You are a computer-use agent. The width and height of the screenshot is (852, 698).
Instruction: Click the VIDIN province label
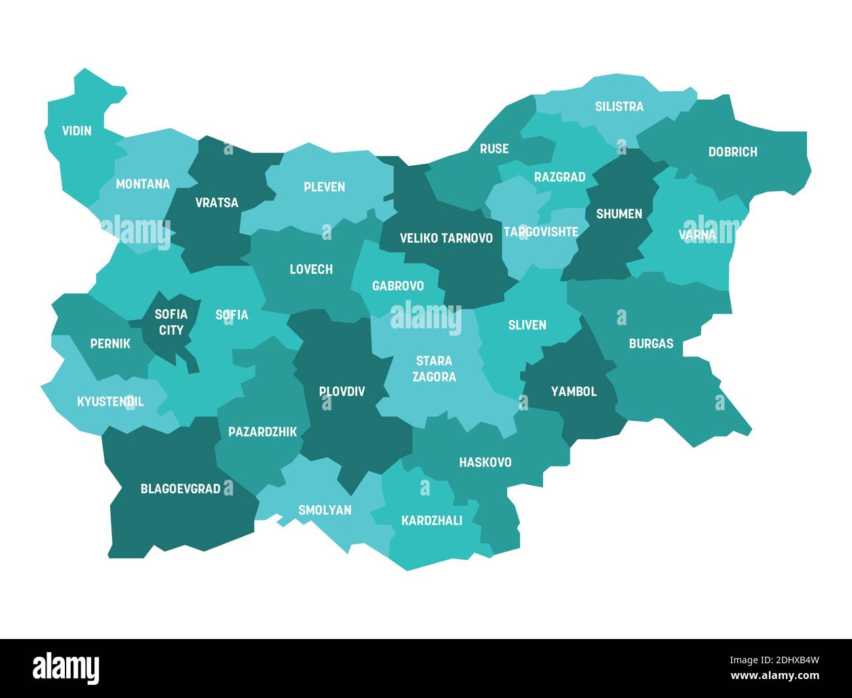tap(77, 130)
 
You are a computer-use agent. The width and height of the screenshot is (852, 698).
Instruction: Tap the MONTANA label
tap(142, 184)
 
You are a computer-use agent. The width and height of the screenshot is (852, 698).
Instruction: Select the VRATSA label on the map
tap(216, 203)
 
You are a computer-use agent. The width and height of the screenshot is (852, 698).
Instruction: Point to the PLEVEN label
tap(324, 187)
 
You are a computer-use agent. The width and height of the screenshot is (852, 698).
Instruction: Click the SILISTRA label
tap(619, 106)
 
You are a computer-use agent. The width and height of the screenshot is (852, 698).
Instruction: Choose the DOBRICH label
tap(732, 152)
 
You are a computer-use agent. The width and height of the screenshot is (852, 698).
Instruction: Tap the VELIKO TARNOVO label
tap(446, 238)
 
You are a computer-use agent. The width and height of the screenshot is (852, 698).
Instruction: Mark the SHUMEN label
tap(619, 214)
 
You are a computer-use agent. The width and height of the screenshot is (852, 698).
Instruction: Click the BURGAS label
tap(650, 343)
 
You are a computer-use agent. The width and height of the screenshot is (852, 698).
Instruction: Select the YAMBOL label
tap(573, 391)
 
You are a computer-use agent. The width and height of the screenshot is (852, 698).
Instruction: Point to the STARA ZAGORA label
tap(434, 369)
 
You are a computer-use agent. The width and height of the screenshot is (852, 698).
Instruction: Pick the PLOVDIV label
tap(341, 391)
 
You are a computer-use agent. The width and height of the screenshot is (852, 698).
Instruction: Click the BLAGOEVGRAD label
tap(180, 489)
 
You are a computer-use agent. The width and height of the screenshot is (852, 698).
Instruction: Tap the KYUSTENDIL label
tap(110, 402)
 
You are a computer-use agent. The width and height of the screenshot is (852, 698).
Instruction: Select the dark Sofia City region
tap(171, 322)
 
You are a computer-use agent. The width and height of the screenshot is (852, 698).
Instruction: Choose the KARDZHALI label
tap(431, 520)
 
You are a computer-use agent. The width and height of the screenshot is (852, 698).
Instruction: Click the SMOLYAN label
tap(324, 510)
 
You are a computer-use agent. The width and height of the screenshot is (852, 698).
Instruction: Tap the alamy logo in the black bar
tap(66, 667)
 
